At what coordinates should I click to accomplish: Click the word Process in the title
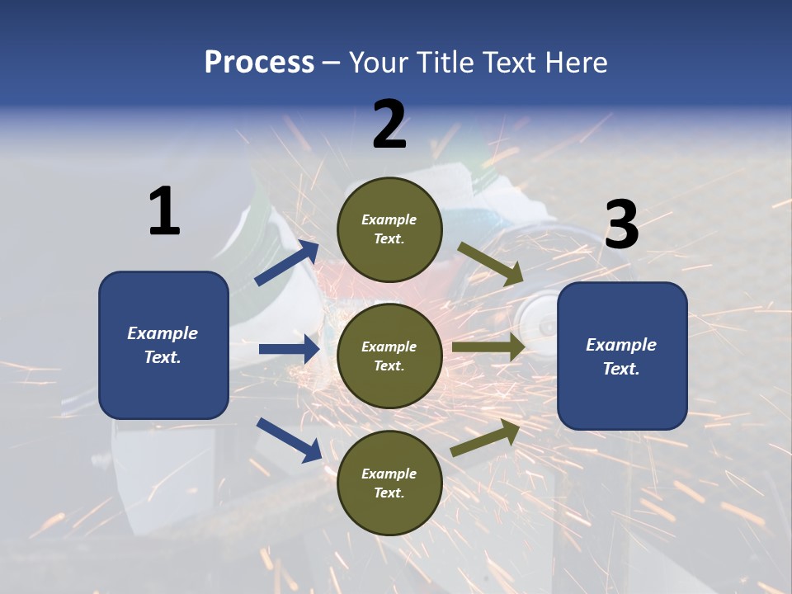(259, 62)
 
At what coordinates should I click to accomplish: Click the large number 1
(164, 211)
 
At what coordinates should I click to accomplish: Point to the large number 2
(389, 125)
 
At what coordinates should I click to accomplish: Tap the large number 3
(621, 224)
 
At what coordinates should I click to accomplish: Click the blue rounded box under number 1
(163, 345)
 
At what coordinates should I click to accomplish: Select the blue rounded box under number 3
(622, 356)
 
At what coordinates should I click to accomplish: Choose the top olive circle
(389, 229)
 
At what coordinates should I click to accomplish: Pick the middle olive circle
(389, 356)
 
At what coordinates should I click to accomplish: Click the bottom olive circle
(389, 483)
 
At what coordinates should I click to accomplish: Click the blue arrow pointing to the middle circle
(289, 349)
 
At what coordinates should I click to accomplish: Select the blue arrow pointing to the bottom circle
(289, 439)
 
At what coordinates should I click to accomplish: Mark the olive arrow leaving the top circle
(490, 263)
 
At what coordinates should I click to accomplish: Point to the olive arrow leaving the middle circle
(488, 347)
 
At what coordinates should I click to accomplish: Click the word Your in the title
(376, 62)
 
